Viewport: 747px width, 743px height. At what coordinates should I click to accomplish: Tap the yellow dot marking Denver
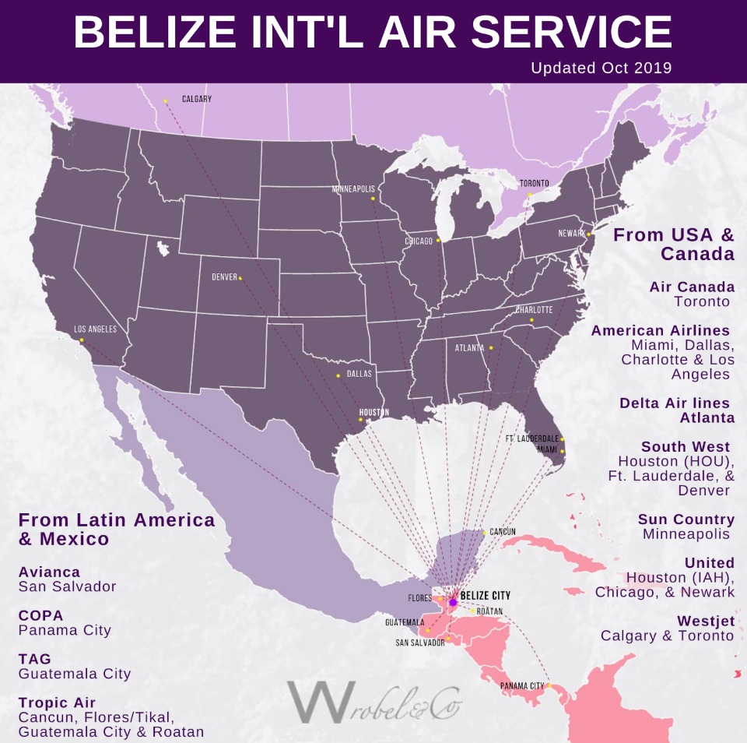[x=240, y=278]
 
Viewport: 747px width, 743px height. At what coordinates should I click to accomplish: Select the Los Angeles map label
[x=95, y=329]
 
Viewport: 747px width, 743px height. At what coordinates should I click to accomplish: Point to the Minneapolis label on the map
[x=353, y=189]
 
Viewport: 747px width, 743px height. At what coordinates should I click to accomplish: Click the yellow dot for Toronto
[x=529, y=195]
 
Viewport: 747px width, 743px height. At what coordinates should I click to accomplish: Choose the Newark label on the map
[x=572, y=234]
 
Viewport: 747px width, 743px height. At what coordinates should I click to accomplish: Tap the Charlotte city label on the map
[x=534, y=309]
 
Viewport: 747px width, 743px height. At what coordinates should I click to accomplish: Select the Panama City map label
[x=521, y=686]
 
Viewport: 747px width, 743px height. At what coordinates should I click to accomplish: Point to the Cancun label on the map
[x=503, y=532]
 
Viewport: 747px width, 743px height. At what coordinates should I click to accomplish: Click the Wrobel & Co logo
[x=373, y=701]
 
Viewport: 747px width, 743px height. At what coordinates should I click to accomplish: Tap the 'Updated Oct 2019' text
[x=601, y=68]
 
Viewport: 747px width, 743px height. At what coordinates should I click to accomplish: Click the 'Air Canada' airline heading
[x=692, y=287]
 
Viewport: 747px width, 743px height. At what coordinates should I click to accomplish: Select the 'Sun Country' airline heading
[x=686, y=519]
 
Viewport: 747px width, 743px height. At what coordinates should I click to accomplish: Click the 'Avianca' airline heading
[x=49, y=572]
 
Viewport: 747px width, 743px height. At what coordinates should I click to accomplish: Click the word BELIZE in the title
[x=156, y=32]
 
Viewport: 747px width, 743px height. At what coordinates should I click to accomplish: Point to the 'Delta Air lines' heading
[x=675, y=403]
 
